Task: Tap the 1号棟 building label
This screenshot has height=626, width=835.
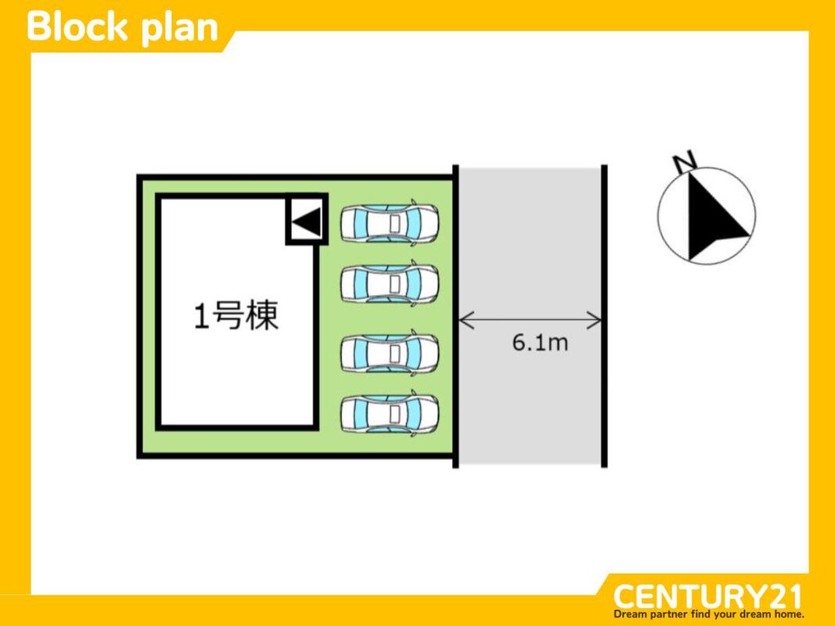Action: pos(236,317)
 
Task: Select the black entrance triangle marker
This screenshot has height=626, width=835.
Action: pos(306,222)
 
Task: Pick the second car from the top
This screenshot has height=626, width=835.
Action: pos(389,284)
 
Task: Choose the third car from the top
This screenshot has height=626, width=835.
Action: pos(389,353)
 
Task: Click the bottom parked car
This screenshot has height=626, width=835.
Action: pos(389,413)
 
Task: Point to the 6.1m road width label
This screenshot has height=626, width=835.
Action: pos(540,344)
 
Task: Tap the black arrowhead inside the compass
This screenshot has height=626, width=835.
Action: pos(714,218)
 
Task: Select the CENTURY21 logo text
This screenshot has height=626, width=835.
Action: pos(707,597)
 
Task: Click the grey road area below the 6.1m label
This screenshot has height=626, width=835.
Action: pos(532,407)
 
